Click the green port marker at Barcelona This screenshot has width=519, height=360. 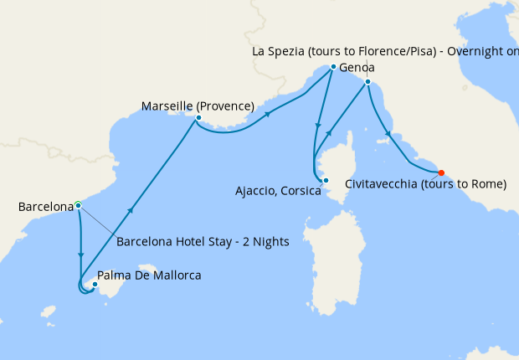(78, 204)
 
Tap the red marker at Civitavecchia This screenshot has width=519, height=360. (442, 173)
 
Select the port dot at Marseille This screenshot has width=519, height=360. (198, 118)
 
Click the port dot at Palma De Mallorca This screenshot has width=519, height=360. (95, 285)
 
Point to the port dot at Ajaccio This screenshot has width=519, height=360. (326, 181)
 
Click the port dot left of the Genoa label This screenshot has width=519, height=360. (333, 67)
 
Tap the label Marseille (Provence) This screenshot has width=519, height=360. (198, 105)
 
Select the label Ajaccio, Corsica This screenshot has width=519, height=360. (279, 191)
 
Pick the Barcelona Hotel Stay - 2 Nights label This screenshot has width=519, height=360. (203, 242)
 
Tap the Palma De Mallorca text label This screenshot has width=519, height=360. (149, 275)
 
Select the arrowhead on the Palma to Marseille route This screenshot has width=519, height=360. (131, 209)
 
